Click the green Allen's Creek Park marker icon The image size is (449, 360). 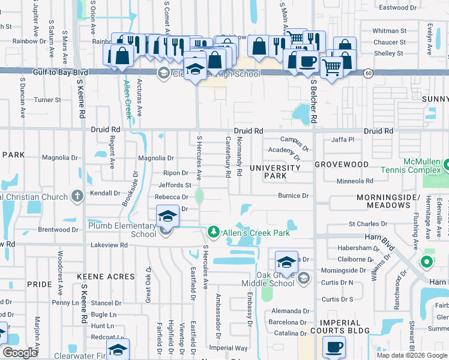(x=213, y=232)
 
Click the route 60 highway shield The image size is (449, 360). (x=367, y=73)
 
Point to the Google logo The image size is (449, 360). (x=20, y=353)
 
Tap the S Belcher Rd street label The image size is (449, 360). (x=313, y=102)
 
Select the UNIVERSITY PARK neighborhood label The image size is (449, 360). (x=276, y=172)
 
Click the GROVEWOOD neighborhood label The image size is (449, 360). (x=341, y=163)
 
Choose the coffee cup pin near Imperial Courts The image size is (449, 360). (x=334, y=347)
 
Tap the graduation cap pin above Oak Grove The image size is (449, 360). (x=286, y=262)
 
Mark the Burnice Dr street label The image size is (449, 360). (x=292, y=196)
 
